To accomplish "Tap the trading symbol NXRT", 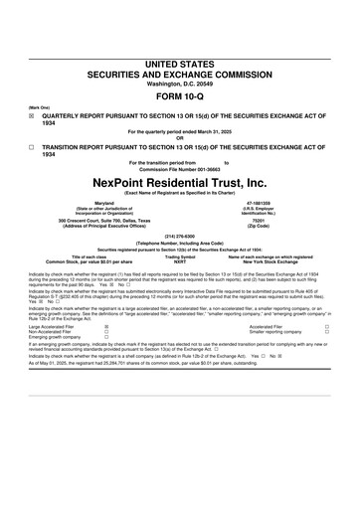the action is tap(180, 261).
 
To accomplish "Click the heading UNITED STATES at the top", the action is tap(180, 63).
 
